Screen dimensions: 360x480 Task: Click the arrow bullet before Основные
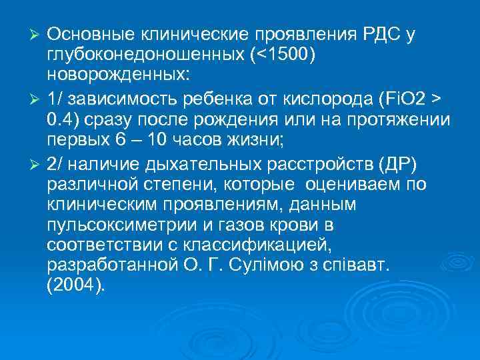[x=39, y=34]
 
